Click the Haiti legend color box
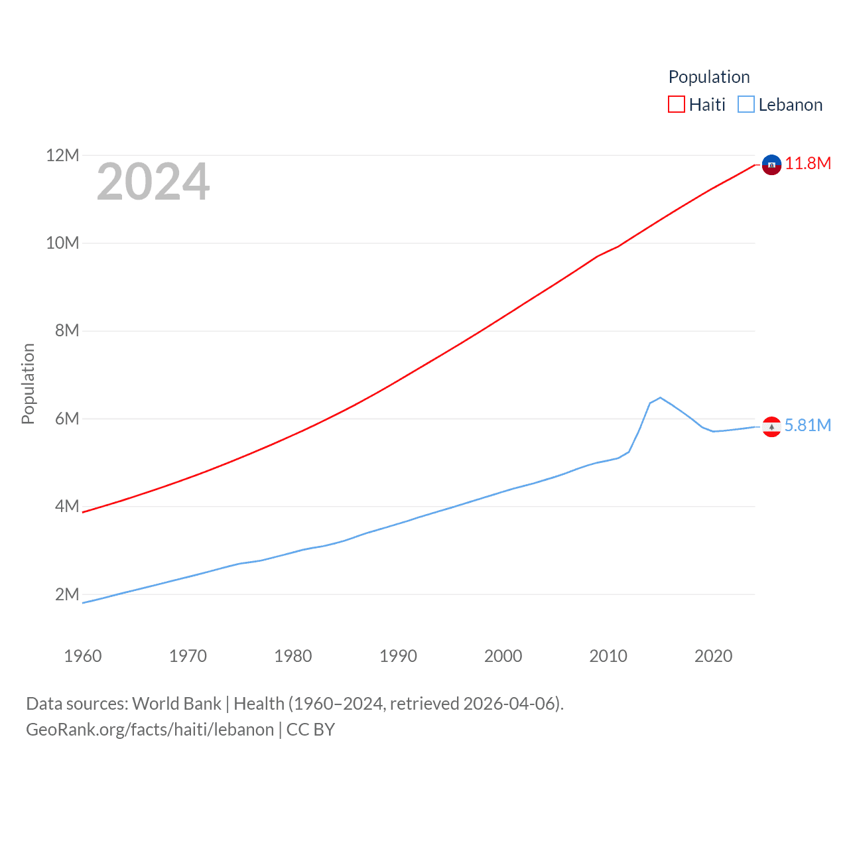677,105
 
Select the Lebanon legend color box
746,105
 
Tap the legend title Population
709,77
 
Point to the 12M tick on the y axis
62,156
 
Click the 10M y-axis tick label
62,243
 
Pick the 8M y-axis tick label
67,331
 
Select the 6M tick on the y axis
67,419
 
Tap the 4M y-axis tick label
67,507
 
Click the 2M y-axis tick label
67,594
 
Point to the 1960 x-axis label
83,656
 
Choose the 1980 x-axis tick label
293,656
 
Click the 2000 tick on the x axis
503,656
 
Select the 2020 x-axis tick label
714,656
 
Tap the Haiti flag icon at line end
771,164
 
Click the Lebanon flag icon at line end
771,426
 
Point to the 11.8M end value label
808,164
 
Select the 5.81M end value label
808,425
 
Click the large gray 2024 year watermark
153,182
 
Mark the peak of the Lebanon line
660,397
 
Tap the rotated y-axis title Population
28,383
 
